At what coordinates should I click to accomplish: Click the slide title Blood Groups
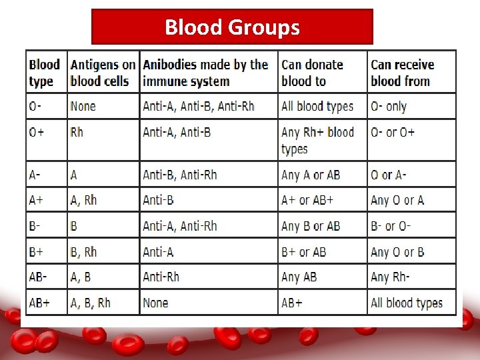pyautogui.click(x=232, y=27)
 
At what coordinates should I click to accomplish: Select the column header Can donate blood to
pyautogui.click(x=312, y=73)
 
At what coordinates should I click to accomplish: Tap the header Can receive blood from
pyautogui.click(x=402, y=73)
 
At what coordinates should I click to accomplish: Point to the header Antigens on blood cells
pyautogui.click(x=103, y=73)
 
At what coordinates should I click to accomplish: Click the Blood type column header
pyautogui.click(x=44, y=73)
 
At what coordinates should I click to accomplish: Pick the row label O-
pyautogui.click(x=35, y=106)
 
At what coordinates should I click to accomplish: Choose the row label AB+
pyautogui.click(x=39, y=303)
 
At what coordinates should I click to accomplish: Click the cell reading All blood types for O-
pyautogui.click(x=317, y=106)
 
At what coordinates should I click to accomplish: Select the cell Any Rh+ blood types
pyautogui.click(x=317, y=140)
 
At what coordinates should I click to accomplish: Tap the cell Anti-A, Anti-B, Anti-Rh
pyautogui.click(x=199, y=106)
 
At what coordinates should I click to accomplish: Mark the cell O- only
pyautogui.click(x=389, y=106)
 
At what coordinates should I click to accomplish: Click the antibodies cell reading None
pyautogui.click(x=155, y=303)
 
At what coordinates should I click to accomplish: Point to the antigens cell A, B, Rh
pyautogui.click(x=91, y=303)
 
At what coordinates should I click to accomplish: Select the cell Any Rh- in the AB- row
pyautogui.click(x=389, y=277)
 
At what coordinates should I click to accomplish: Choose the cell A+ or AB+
pyautogui.click(x=307, y=201)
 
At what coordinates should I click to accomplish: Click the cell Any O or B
pyautogui.click(x=397, y=252)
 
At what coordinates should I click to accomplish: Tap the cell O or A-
pyautogui.click(x=389, y=175)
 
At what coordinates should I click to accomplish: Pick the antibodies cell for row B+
pyautogui.click(x=158, y=252)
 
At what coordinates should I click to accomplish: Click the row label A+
pyautogui.click(x=36, y=201)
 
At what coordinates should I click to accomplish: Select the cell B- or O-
pyautogui.click(x=391, y=227)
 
